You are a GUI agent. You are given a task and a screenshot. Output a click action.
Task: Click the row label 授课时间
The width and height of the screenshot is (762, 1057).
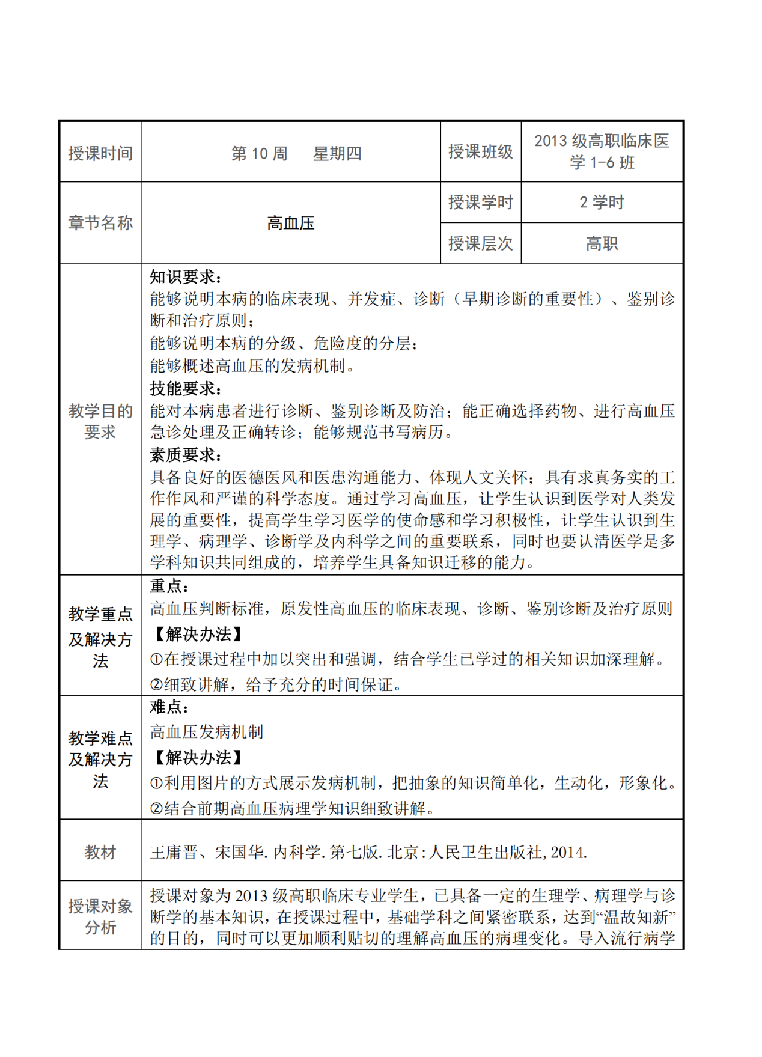tap(100, 154)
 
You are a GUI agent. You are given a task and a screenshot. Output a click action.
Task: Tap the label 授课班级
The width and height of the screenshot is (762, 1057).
tap(480, 152)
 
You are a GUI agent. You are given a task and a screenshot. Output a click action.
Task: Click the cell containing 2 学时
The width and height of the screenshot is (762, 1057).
tap(602, 203)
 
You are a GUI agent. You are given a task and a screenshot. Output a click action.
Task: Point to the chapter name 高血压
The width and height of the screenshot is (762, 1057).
tap(291, 224)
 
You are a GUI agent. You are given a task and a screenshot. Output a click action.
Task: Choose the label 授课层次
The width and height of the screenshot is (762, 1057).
tap(480, 244)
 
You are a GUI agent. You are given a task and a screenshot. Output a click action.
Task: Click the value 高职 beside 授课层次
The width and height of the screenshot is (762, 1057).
tap(602, 244)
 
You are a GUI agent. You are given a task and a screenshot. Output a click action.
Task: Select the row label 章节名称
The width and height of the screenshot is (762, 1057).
tap(100, 223)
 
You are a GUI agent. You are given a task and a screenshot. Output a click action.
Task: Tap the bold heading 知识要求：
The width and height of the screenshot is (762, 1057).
tap(186, 277)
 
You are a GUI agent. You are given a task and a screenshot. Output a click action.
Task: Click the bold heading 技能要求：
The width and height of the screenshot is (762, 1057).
tap(186, 389)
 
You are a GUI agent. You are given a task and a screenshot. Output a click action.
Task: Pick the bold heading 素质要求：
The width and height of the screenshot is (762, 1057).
tap(186, 455)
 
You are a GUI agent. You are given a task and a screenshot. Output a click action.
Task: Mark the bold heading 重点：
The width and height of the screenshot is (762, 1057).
tap(169, 586)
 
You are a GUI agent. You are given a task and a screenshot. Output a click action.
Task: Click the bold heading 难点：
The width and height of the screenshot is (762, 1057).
tap(169, 707)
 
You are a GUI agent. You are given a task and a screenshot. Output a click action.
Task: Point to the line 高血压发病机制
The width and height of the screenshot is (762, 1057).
tap(207, 732)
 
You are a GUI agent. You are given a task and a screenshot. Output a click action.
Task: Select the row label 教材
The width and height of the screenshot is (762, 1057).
tap(100, 852)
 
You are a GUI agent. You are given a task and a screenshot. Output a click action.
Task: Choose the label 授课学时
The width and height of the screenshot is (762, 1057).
tap(480, 203)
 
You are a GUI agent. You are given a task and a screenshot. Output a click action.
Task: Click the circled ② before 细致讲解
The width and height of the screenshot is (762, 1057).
tap(156, 685)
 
